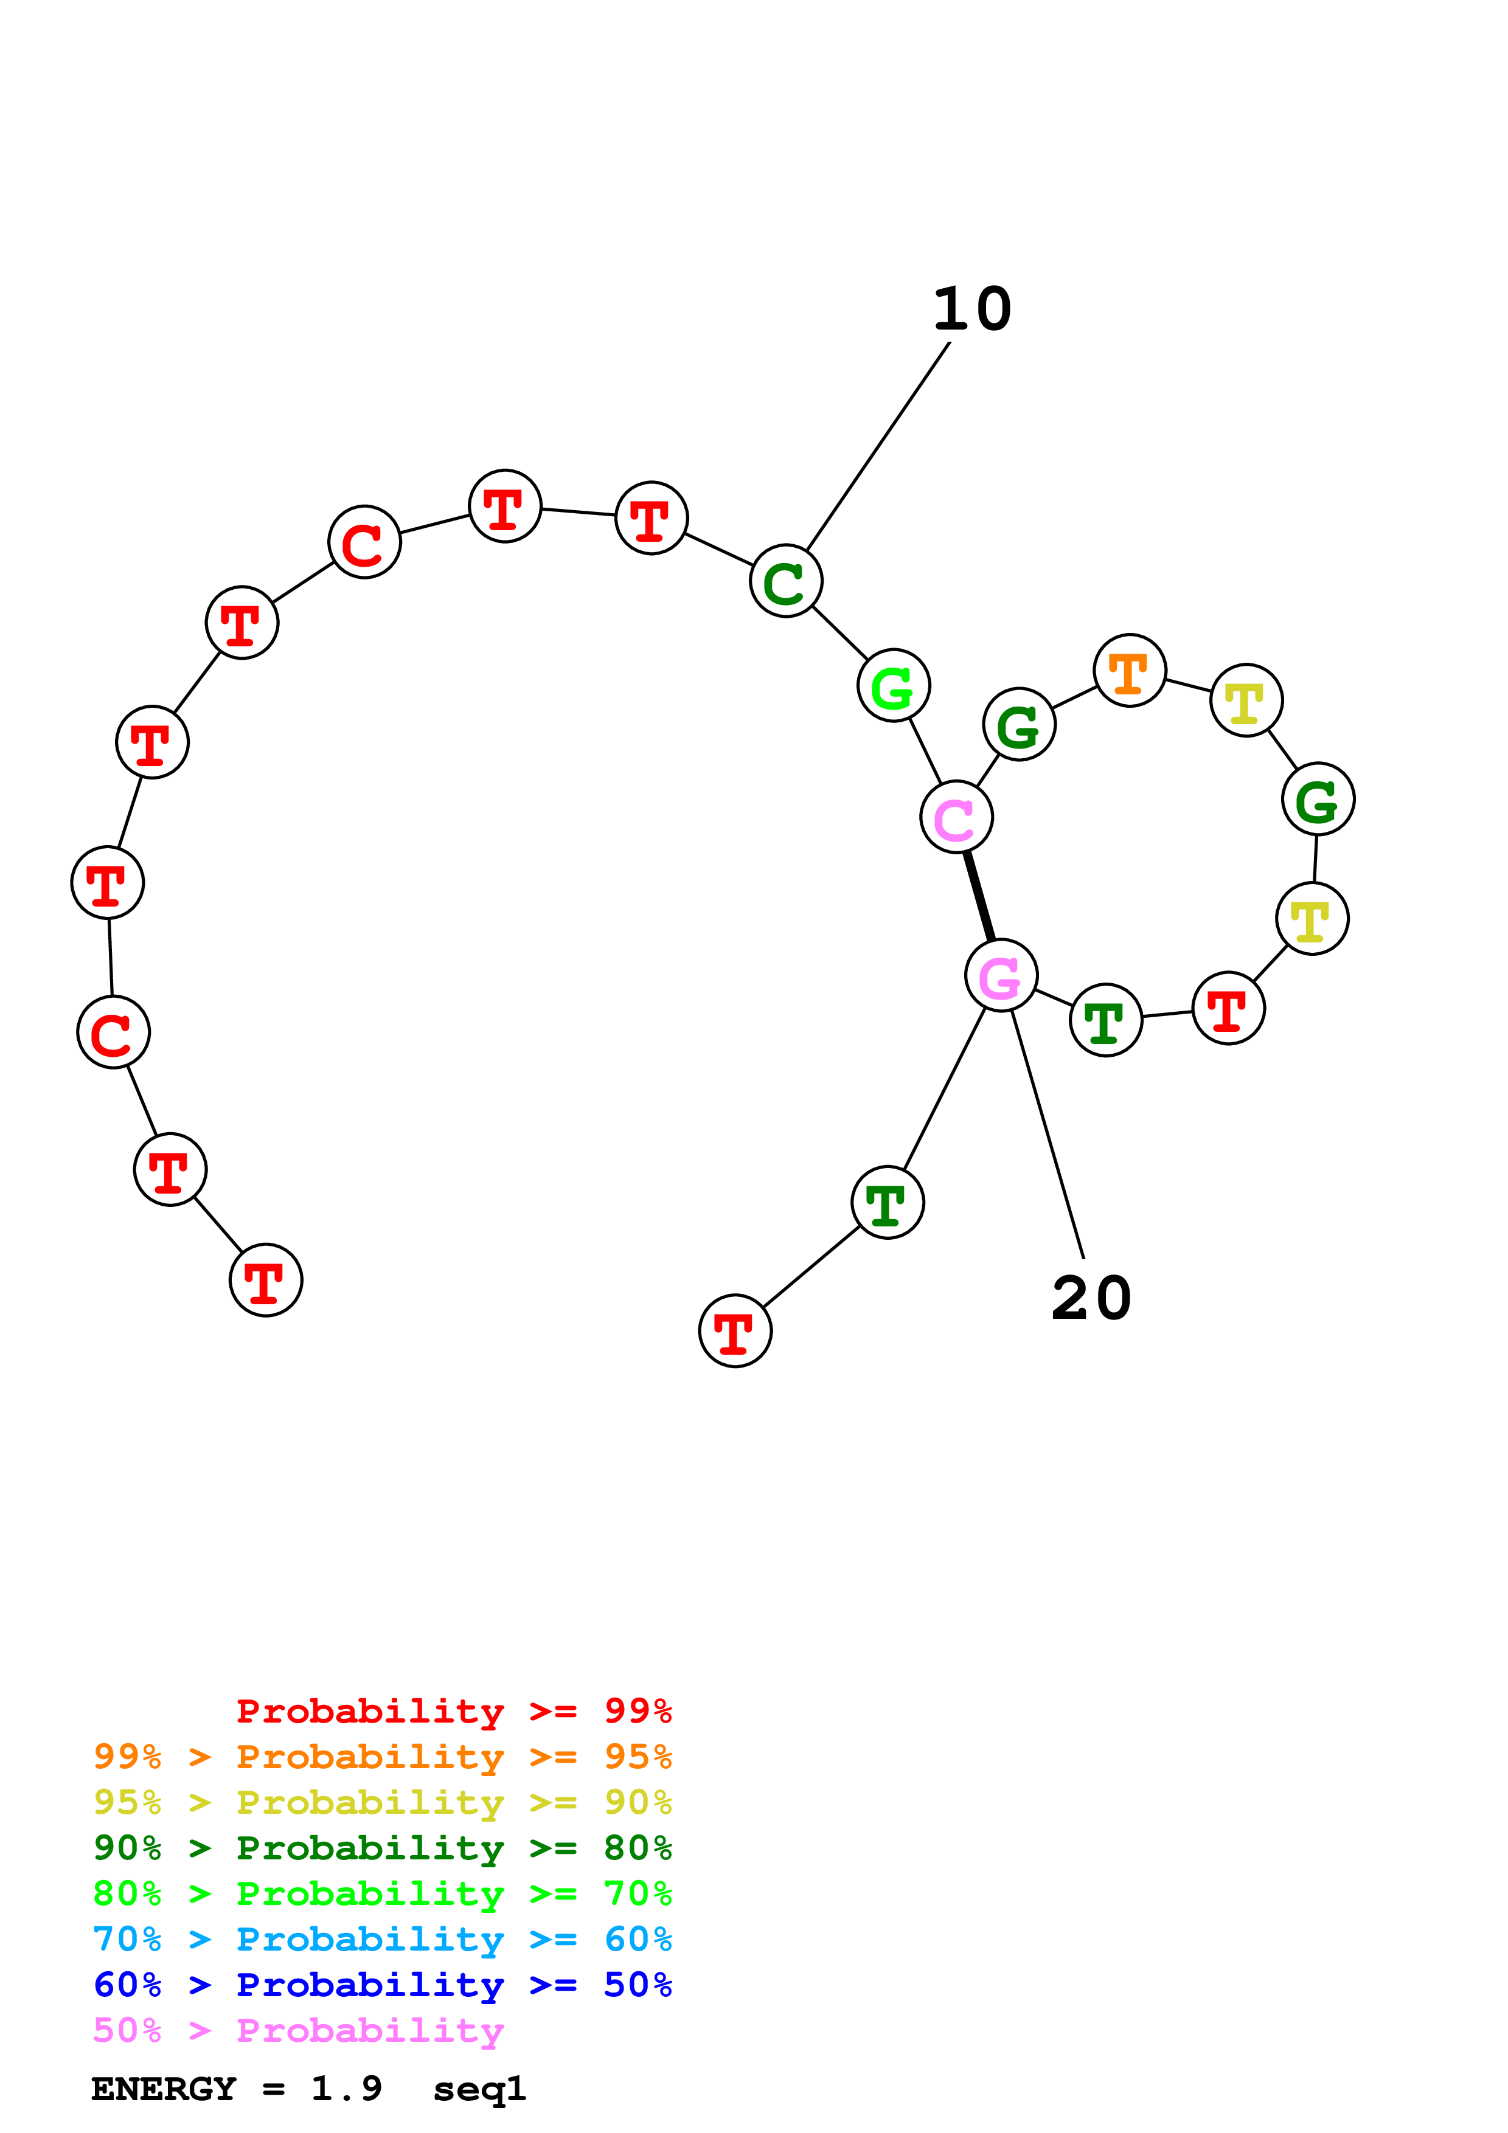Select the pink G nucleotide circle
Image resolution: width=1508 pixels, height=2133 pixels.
pyautogui.click(x=1001, y=975)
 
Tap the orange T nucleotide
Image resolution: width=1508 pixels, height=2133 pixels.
pyautogui.click(x=1129, y=671)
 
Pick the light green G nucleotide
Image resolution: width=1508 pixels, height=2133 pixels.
pyautogui.click(x=893, y=686)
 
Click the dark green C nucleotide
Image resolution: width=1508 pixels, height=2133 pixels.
pyautogui.click(x=786, y=581)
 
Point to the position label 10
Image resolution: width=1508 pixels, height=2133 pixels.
pyautogui.click(x=972, y=309)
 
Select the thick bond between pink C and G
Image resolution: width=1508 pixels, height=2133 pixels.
pyautogui.click(x=979, y=896)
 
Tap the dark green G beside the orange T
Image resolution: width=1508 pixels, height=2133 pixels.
pyautogui.click(x=1020, y=725)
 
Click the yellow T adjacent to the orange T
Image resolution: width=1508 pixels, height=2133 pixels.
pyautogui.click(x=1246, y=700)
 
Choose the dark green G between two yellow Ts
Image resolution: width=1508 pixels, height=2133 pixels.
pyautogui.click(x=1318, y=799)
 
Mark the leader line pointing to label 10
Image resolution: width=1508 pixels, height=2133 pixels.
pyautogui.click(x=878, y=446)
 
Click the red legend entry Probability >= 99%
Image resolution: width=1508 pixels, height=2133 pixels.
pyautogui.click(x=453, y=1710)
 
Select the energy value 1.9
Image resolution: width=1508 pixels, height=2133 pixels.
pyautogui.click(x=346, y=2089)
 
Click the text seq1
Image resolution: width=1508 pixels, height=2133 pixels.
pyautogui.click(x=479, y=2089)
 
